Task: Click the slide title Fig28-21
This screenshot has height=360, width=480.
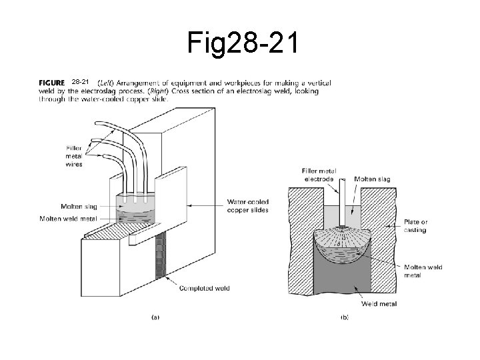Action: click(x=244, y=45)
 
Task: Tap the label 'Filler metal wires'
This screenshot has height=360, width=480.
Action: click(x=75, y=156)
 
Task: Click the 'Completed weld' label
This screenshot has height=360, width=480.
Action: click(x=205, y=288)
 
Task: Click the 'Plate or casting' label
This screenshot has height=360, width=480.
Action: click(x=414, y=226)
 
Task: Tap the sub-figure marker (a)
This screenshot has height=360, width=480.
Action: click(x=155, y=318)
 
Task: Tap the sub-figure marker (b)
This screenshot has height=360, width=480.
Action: click(x=344, y=318)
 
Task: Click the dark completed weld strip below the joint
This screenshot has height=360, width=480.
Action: click(x=160, y=261)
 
